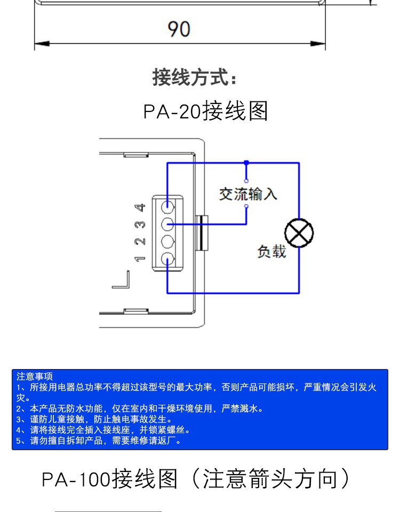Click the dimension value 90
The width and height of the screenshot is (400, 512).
click(x=179, y=29)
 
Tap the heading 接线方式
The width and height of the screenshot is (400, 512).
click(x=194, y=77)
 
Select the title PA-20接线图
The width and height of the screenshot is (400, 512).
click(x=205, y=111)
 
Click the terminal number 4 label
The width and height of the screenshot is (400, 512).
click(x=140, y=207)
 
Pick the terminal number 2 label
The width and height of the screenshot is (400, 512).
click(x=140, y=242)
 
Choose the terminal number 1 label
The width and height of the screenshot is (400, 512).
click(x=140, y=259)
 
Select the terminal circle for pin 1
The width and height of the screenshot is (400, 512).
click(x=169, y=260)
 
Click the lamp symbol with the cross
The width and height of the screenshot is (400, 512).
click(x=299, y=233)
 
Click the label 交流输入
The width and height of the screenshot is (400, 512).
click(x=248, y=194)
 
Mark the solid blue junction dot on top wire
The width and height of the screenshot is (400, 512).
click(x=246, y=162)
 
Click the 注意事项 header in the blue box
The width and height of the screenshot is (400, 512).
click(x=35, y=377)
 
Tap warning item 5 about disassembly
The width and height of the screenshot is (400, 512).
click(x=99, y=441)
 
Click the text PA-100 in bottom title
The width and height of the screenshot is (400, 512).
click(x=76, y=478)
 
